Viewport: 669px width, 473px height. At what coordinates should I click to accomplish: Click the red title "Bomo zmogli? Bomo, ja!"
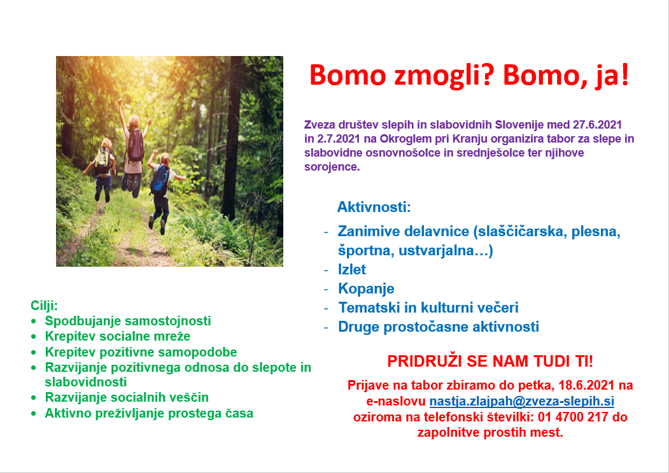(x=468, y=76)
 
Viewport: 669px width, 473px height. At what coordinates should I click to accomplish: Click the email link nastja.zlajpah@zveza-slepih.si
(x=521, y=401)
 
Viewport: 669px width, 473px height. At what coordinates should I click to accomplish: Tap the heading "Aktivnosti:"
(x=374, y=207)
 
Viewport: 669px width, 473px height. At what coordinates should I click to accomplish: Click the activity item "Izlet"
(x=352, y=269)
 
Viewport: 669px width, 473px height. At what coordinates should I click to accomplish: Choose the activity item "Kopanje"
(x=366, y=288)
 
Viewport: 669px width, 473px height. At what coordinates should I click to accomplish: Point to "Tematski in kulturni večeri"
(x=428, y=308)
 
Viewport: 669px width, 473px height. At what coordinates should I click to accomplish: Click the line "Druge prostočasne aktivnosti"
(x=438, y=327)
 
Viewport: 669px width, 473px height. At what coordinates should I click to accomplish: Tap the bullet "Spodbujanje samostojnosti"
(x=127, y=321)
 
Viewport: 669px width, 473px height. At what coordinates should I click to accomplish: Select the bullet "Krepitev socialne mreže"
(x=117, y=336)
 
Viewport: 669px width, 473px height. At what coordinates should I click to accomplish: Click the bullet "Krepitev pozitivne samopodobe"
(x=141, y=352)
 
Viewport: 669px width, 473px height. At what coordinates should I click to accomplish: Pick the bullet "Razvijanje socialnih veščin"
(x=127, y=398)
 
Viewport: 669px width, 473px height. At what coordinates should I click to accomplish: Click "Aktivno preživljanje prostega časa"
(x=148, y=414)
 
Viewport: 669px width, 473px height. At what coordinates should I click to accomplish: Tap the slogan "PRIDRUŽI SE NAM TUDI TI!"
(x=489, y=362)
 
